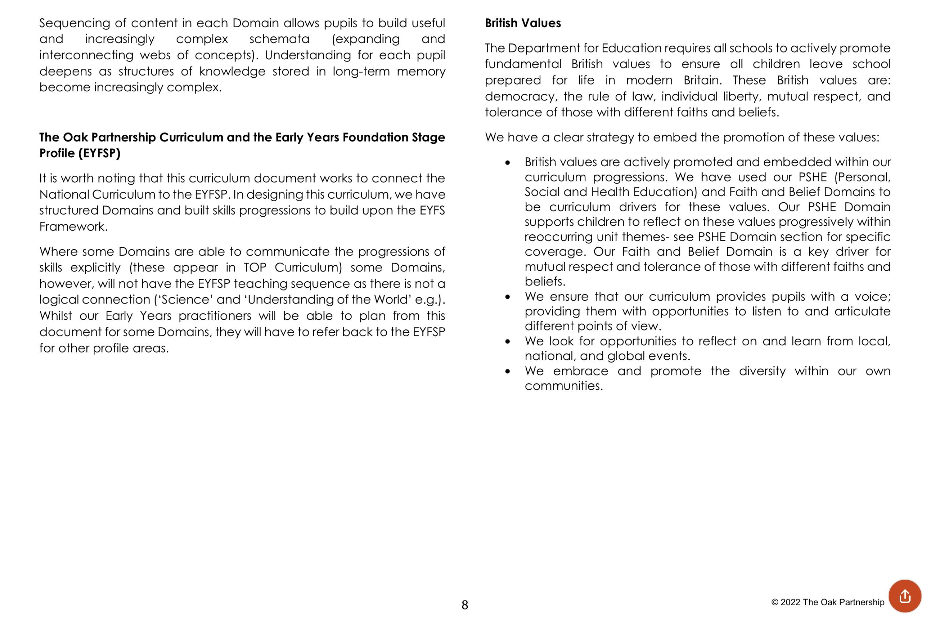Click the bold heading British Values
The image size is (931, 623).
coord(522,23)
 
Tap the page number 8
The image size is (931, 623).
coord(465,605)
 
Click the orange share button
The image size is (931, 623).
coord(905,596)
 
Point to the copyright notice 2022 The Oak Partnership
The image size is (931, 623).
coord(828,602)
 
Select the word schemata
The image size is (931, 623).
coord(279,39)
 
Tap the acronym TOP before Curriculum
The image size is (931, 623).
coord(255,267)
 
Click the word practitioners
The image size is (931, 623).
coord(215,316)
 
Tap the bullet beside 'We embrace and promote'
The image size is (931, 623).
coord(508,372)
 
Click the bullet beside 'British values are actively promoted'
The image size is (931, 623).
coord(508,162)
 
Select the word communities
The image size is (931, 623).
coord(563,386)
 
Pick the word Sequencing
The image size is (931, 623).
coord(74,23)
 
